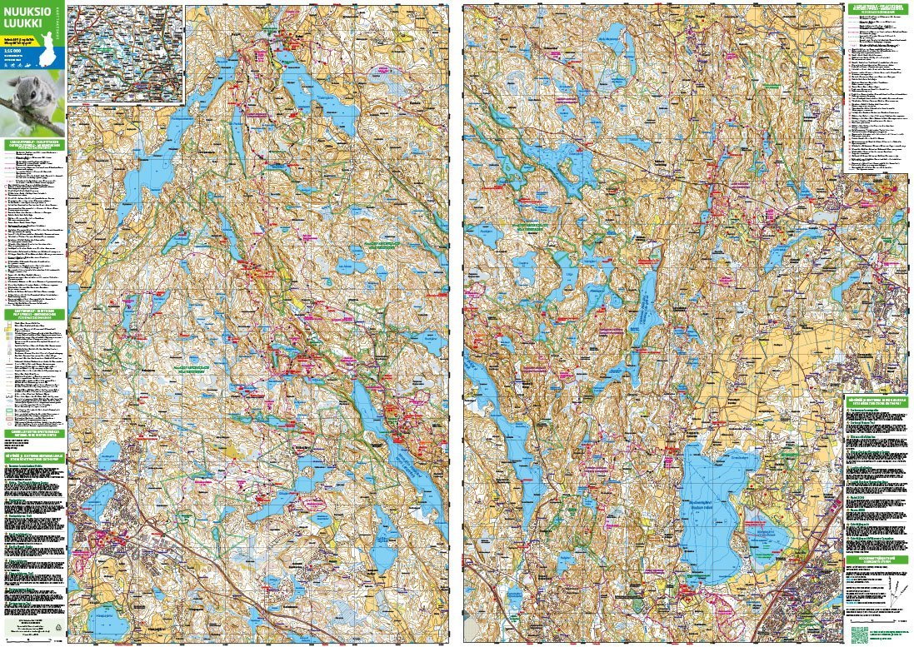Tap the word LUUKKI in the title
point(22,25)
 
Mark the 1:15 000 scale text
point(12,51)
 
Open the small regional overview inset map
point(125,53)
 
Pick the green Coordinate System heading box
point(876,560)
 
